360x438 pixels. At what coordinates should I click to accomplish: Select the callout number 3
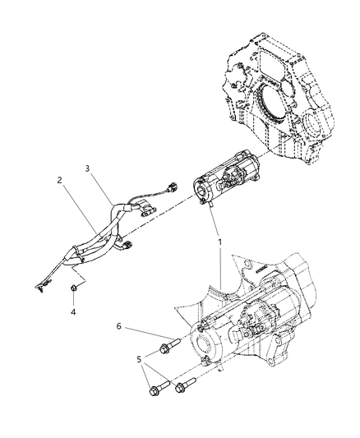(88, 169)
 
